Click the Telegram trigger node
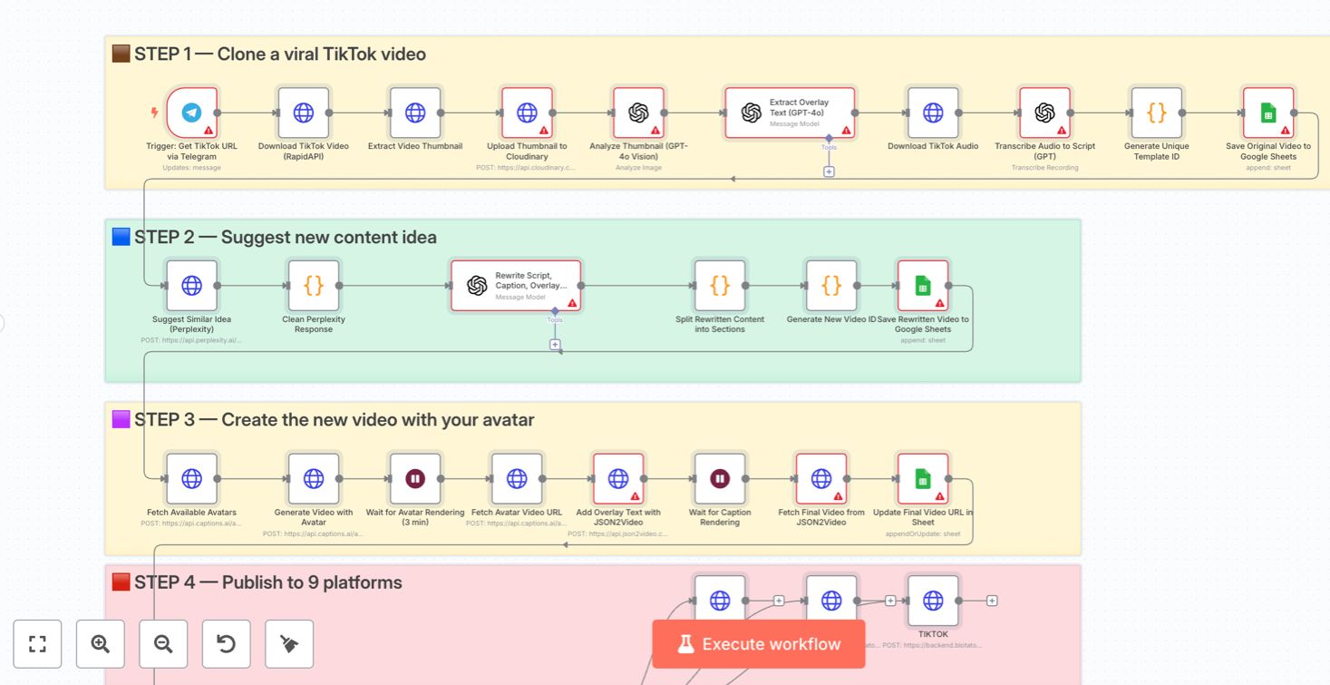coord(192,113)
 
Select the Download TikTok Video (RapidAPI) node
coord(304,113)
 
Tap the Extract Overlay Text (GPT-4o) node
coord(790,113)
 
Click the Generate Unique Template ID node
coord(1156,113)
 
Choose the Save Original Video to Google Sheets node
coord(1268,113)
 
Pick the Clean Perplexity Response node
coord(314,286)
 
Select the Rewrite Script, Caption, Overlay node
coord(516,286)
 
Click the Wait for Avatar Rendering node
coord(415,479)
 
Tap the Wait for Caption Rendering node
coord(720,479)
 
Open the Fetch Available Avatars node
coord(192,479)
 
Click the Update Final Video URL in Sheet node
coord(923,479)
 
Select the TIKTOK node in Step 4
coord(933,601)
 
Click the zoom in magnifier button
coord(101,644)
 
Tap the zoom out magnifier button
coord(163,644)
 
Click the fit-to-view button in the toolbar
coord(37,644)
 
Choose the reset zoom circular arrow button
coord(226,644)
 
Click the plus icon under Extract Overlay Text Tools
coord(829,171)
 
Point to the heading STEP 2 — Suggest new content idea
coord(285,238)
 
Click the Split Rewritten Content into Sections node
coord(720,286)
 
